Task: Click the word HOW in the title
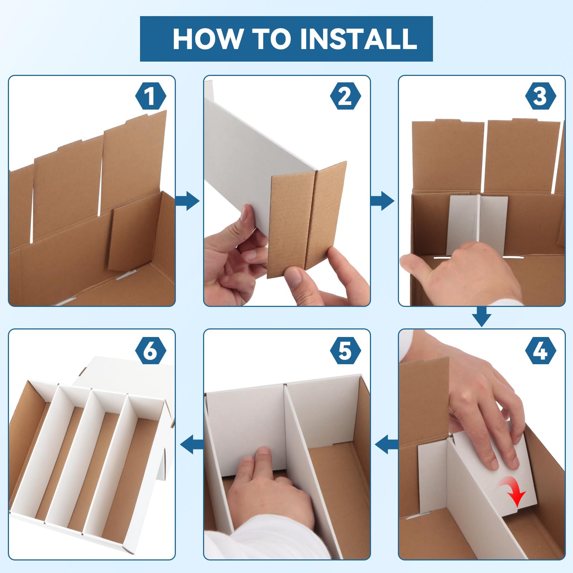point(207,39)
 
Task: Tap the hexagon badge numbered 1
point(151,96)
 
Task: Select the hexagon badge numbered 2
point(346,96)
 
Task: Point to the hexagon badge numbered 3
point(540,96)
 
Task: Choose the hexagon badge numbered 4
point(540,351)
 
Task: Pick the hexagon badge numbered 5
point(346,351)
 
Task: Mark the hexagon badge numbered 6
point(151,351)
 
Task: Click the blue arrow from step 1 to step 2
point(187,201)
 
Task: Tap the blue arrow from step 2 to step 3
point(382,201)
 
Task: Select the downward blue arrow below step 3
point(482,317)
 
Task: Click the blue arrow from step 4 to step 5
point(386,444)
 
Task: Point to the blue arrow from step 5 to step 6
point(192,444)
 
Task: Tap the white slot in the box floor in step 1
point(125,275)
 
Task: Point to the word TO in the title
point(271,39)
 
